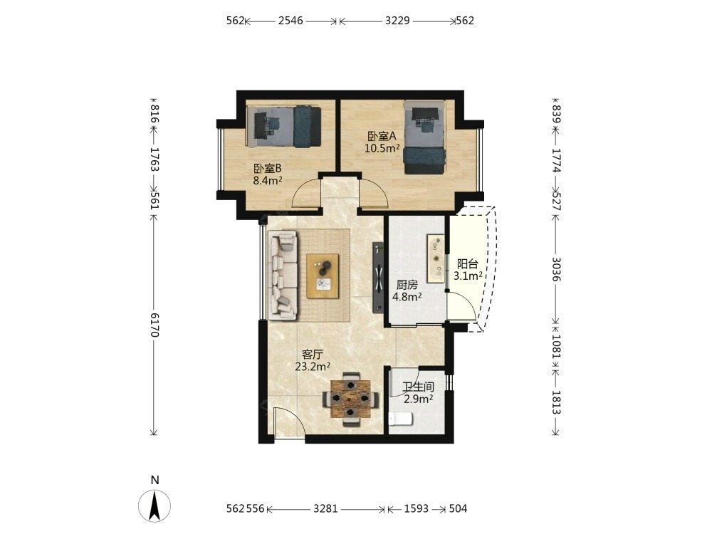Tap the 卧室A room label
pos(382,136)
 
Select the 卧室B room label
pos(268,169)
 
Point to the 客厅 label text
pos(313,354)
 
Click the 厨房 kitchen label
pos(407,286)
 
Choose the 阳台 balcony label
pos(467,264)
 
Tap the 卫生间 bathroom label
pos(418,387)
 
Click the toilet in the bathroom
pos(400,419)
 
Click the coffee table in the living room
pos(323,276)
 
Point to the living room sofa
pos(283,275)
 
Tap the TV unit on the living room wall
pos(379,278)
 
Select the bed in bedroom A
pos(424,137)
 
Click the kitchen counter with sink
pos(435,258)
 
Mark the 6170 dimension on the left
pos(154,325)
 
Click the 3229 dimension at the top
pos(397,21)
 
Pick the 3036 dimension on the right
pos(556,269)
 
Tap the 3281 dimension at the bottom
pos(325,508)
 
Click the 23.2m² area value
pos(313,367)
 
